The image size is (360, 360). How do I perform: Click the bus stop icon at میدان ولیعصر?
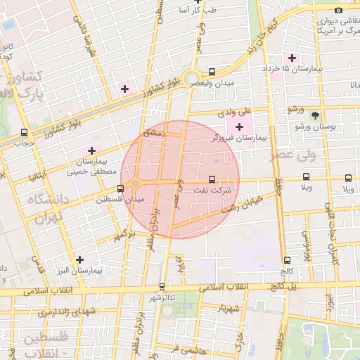click(212, 72)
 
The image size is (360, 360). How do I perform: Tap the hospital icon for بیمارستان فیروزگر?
click(240, 127)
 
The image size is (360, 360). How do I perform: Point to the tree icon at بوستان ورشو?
click(314, 116)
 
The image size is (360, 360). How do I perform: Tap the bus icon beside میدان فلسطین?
click(121, 188)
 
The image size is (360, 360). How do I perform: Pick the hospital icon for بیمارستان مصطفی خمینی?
click(91, 150)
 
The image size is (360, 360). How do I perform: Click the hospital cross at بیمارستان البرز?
click(79, 259)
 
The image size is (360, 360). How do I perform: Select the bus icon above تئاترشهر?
click(162, 286)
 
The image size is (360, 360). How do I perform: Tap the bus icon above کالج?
click(287, 260)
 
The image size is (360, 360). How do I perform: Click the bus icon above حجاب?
click(25, 132)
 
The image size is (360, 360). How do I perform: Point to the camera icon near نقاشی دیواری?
click(338, 10)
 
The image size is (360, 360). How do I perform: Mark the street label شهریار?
click(230, 307)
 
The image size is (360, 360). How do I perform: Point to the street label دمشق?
click(153, 131)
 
